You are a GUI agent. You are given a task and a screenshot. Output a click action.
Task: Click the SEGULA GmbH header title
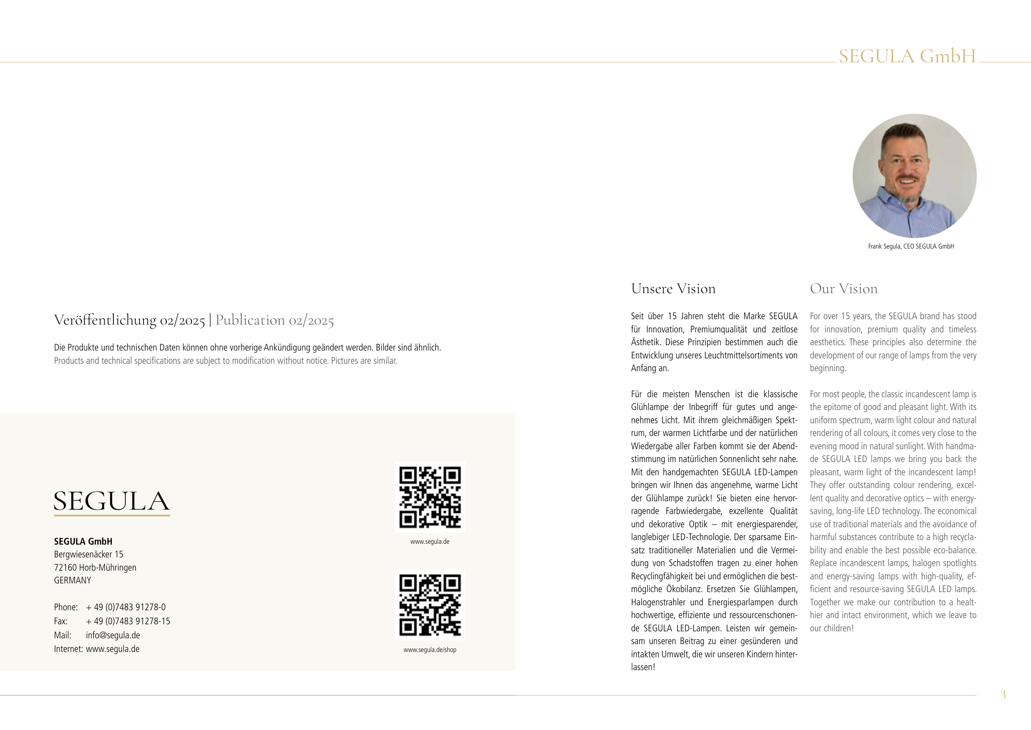pos(907,57)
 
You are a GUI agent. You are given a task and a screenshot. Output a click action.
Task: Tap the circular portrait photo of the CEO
pos(914,176)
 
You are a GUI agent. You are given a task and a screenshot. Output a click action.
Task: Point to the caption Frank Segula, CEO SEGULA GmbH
pos(911,246)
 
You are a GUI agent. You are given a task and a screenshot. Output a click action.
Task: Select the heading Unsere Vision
pos(673,289)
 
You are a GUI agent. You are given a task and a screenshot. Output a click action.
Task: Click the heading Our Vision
pos(843,289)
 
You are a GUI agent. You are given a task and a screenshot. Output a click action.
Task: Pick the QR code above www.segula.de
pos(430,497)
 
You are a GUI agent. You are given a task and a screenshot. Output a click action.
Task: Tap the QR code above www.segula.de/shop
pos(430,604)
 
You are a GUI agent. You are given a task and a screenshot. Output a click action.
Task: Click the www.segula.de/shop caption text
pos(430,649)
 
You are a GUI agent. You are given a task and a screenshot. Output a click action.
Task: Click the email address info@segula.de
pos(113,635)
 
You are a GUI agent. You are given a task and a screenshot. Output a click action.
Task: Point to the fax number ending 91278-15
pos(128,621)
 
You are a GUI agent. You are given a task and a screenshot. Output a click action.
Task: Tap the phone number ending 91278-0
pos(126,607)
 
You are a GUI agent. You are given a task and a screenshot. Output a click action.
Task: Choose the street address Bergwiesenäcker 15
pos(89,554)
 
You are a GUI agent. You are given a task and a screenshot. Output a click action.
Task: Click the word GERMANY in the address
pos(72,580)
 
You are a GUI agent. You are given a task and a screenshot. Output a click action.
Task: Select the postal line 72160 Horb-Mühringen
pos(95,567)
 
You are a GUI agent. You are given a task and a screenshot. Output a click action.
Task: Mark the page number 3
pos(1003,694)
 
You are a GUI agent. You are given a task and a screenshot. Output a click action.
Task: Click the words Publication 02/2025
pos(274,320)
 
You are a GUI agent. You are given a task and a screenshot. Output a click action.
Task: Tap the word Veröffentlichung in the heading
pos(105,320)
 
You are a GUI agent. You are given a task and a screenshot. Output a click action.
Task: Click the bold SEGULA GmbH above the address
pos(83,541)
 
